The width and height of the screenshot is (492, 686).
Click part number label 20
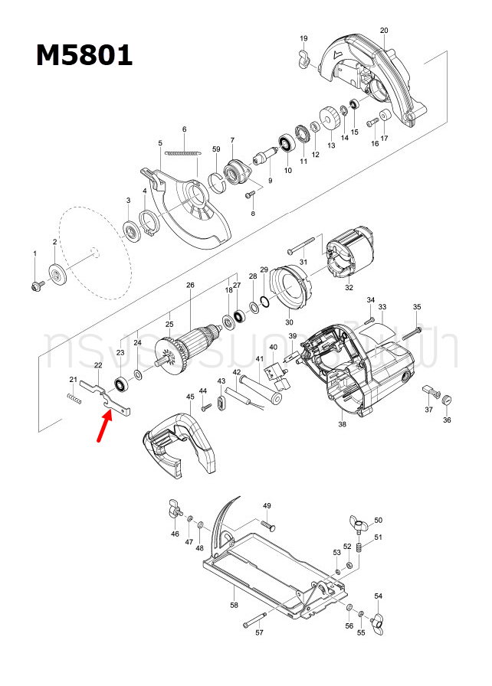pos(384,31)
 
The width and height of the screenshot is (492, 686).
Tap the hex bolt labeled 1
pos(35,285)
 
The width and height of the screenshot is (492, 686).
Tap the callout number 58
pos(234,605)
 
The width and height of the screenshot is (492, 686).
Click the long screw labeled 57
pos(254,621)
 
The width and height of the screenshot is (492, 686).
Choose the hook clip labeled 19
pos(302,58)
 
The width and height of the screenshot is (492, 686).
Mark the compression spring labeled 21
pos(74,397)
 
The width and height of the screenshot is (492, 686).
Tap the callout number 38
pos(342,424)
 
